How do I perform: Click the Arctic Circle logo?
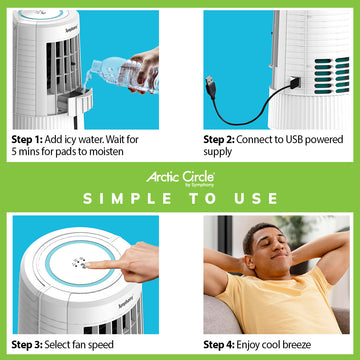pos(180,179)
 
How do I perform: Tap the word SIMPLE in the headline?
pos(128,199)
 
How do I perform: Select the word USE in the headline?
pos(256,199)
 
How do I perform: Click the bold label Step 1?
pos(27,139)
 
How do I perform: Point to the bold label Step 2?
pos(219,139)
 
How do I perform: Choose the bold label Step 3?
pos(27,344)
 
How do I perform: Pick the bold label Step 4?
pos(219,344)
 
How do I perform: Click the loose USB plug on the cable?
pos(211,86)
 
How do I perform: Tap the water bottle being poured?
pos(123,73)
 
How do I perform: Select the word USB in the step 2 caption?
pos(295,139)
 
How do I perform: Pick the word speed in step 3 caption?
pos(102,345)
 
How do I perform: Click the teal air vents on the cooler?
pos(331,75)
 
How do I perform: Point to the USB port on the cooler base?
pos(295,82)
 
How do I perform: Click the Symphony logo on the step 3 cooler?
pos(126,302)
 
